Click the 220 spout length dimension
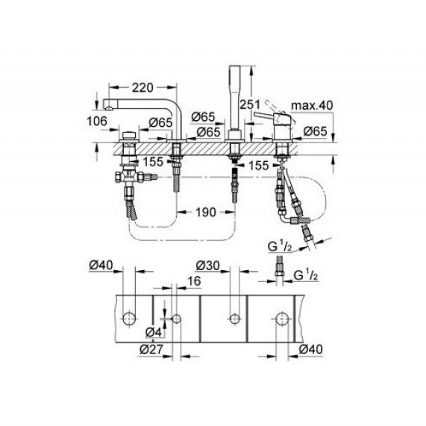coord(142,87)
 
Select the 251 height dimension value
coord(250,104)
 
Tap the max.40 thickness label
coord(312,105)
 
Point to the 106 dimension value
coord(97,121)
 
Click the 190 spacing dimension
coord(206,212)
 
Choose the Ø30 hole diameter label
coord(208,266)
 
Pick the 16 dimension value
coord(194,281)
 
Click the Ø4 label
coord(154,332)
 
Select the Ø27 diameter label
coord(151,349)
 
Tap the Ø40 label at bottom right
coord(310,349)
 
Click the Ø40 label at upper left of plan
coord(101,265)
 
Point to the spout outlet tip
coord(108,109)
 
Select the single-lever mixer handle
coord(265,116)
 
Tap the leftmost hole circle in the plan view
coord(129,319)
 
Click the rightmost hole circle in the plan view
coord(282,319)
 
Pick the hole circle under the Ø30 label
coord(235,319)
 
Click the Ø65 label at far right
coord(315,131)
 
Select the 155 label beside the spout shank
coord(153,162)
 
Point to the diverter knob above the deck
coord(129,136)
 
